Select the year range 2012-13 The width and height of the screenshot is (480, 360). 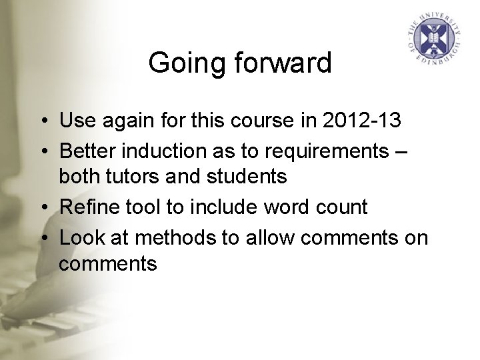click(x=362, y=120)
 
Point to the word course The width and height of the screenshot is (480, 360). click(x=250, y=120)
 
